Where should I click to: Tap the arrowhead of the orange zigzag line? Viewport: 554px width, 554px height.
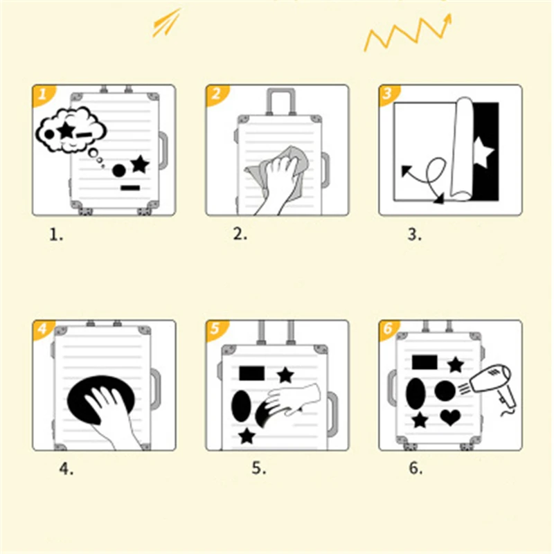click(448, 19)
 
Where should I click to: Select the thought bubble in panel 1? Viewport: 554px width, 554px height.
click(71, 132)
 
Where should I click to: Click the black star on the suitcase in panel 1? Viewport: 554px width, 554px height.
click(140, 164)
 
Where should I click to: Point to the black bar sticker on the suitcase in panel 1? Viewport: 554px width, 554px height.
click(130, 188)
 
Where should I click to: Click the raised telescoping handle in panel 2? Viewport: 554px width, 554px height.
click(281, 102)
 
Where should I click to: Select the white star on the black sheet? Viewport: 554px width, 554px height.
click(482, 152)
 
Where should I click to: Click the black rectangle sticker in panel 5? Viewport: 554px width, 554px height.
click(252, 373)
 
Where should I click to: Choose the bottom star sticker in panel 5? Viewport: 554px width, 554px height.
click(247, 436)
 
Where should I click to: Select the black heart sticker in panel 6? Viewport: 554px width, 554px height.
click(451, 418)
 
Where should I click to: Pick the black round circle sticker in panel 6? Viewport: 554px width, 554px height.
click(445, 391)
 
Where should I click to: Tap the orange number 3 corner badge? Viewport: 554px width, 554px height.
click(388, 94)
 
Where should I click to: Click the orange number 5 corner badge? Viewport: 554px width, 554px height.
click(216, 330)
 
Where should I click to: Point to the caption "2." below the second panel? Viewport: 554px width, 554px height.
click(240, 234)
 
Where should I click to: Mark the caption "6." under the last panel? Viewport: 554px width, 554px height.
click(416, 468)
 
